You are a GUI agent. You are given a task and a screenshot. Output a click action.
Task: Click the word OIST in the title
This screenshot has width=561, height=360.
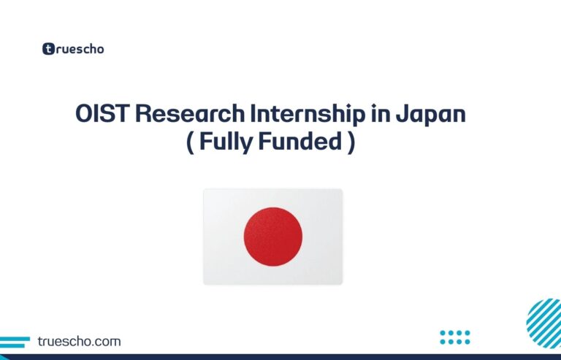pos(102,116)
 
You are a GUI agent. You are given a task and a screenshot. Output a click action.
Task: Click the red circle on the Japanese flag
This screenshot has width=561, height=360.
pos(272,237)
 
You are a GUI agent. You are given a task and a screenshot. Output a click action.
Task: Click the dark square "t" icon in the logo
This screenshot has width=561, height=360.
pos(49,49)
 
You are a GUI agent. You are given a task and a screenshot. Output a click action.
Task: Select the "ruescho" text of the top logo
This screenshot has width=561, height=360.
pos(80,50)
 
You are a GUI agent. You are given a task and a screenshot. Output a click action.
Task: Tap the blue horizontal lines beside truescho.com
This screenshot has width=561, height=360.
pos(16,341)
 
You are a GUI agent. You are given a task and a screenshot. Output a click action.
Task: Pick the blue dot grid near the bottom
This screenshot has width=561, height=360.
pos(455,337)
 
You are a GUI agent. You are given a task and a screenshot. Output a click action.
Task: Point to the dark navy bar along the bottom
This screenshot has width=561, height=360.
pos(280,357)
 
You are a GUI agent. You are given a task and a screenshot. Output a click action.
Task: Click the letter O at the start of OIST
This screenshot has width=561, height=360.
pos(85,116)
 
